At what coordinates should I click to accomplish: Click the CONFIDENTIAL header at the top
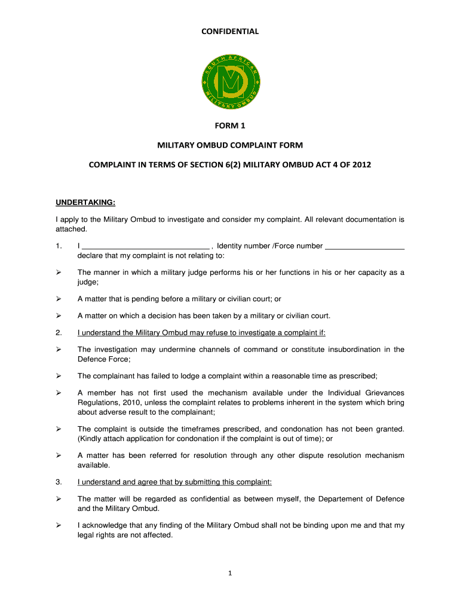(229, 32)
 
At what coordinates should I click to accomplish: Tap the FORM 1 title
(230, 126)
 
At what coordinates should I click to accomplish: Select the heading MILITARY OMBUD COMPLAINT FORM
(230, 145)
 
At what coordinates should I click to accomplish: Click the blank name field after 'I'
(145, 246)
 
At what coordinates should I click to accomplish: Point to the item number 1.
(58, 246)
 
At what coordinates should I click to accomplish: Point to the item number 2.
(59, 333)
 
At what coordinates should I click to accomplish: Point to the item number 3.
(59, 482)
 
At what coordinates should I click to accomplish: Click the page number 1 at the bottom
(230, 574)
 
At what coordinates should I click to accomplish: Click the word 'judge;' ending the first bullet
(88, 282)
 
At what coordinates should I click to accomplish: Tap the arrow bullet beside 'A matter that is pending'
(59, 299)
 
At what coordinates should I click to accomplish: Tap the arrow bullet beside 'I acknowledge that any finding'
(59, 526)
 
